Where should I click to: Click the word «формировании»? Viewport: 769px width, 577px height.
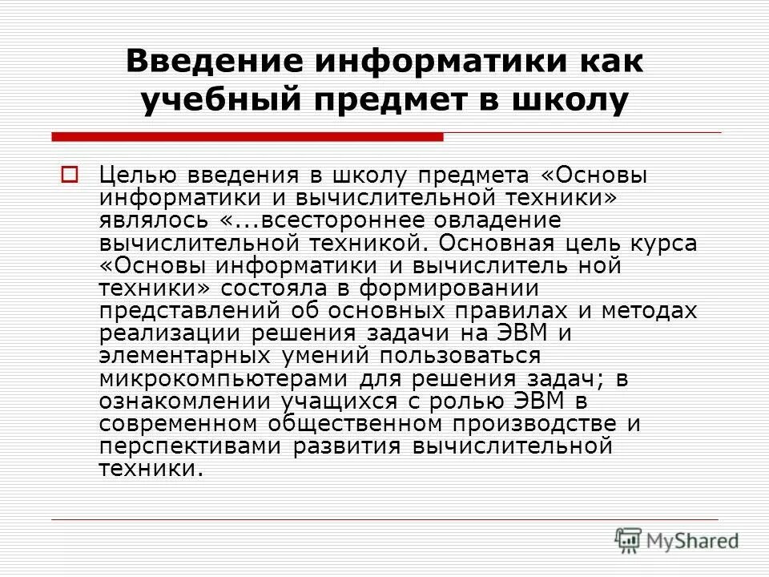coord(453,287)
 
